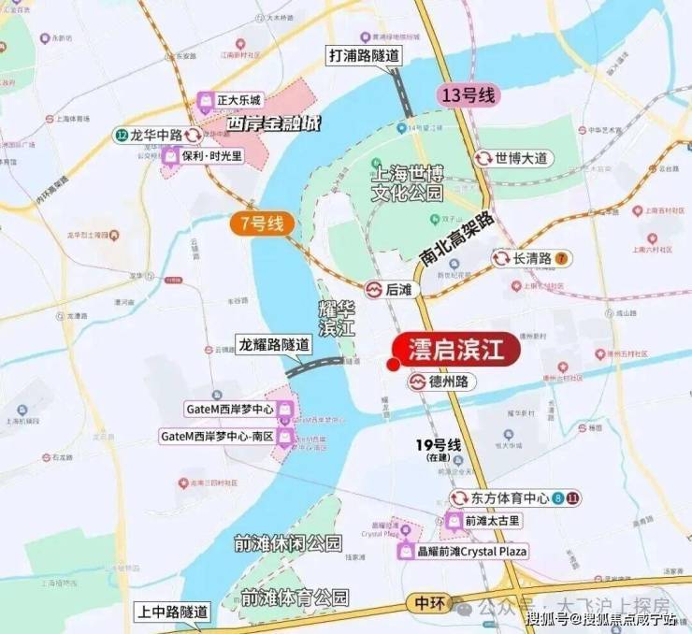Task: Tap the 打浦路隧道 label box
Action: click(x=364, y=55)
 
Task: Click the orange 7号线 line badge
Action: click(x=263, y=223)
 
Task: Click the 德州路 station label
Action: click(x=443, y=382)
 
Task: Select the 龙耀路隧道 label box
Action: click(x=274, y=344)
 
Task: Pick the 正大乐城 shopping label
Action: click(x=230, y=99)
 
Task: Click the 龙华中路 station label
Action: click(x=150, y=135)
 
